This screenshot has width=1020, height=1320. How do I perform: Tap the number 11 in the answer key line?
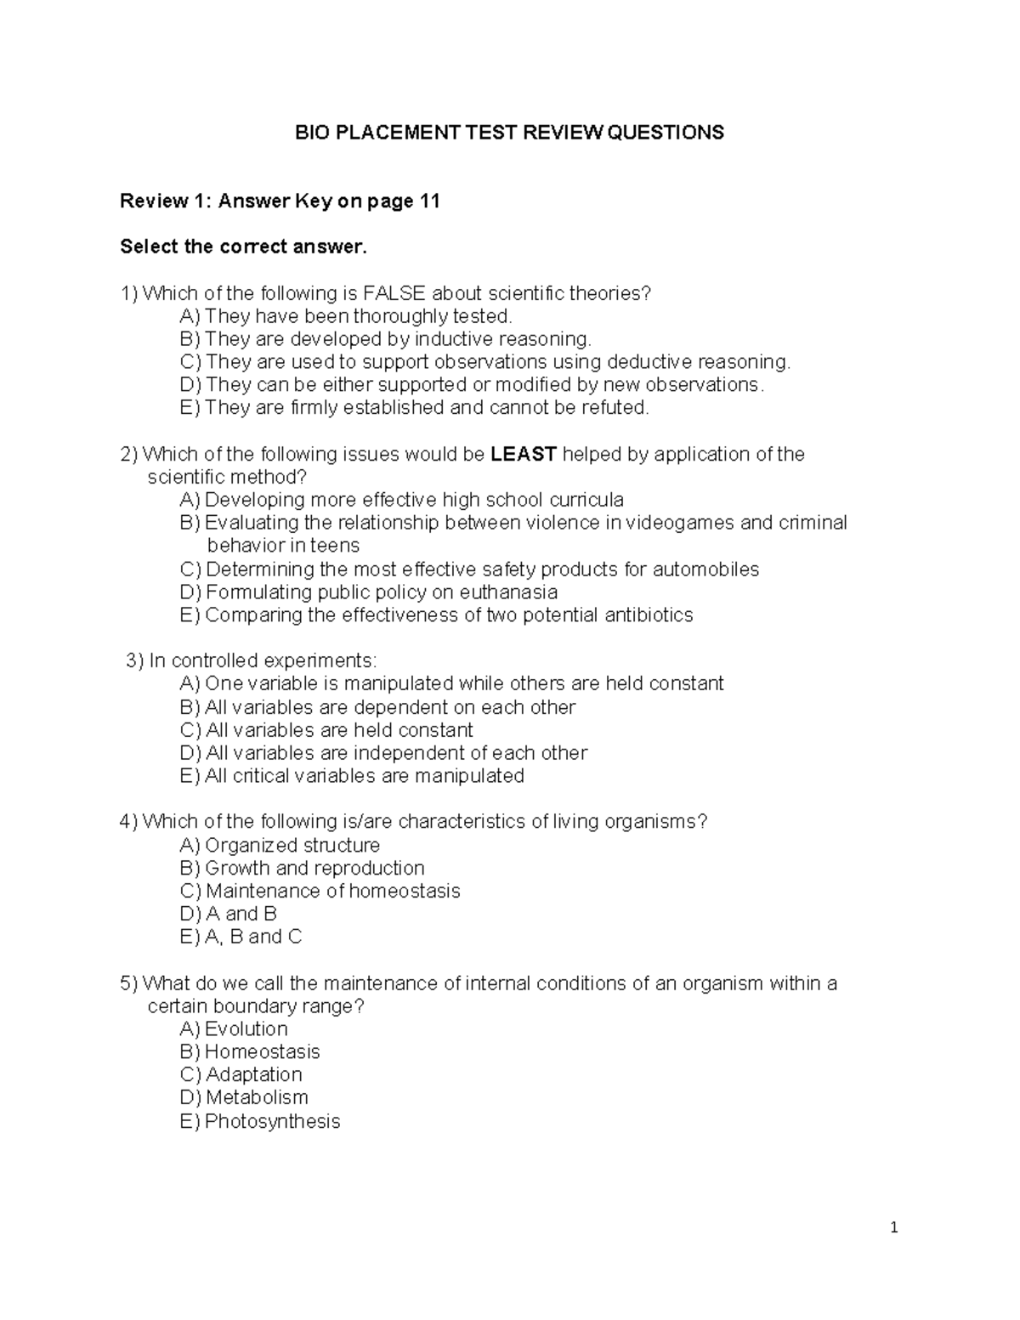coord(428,201)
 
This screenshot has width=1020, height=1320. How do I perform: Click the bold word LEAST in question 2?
coord(524,454)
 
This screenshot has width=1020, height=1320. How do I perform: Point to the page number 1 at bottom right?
coord(893,1227)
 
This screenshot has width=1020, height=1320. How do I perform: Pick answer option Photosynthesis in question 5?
coord(272,1121)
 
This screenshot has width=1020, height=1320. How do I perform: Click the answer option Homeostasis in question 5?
coord(262,1052)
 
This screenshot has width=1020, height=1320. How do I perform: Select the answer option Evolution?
coord(246,1029)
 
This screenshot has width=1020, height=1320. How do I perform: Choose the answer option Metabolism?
coord(257,1098)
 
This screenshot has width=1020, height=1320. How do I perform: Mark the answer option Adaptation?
coord(253,1075)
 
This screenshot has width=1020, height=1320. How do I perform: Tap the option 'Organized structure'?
coord(292,845)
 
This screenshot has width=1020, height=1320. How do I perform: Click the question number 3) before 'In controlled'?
coord(134,661)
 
